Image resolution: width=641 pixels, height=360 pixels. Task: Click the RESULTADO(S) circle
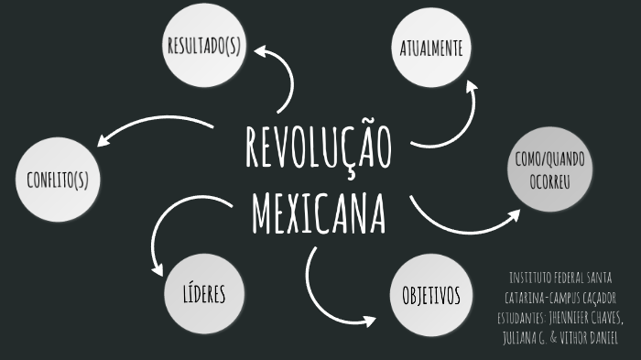pyautogui.click(x=202, y=47)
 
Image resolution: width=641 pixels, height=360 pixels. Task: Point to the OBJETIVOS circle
pyautogui.click(x=430, y=295)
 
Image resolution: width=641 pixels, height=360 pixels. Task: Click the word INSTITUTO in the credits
pyautogui.click(x=531, y=278)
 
